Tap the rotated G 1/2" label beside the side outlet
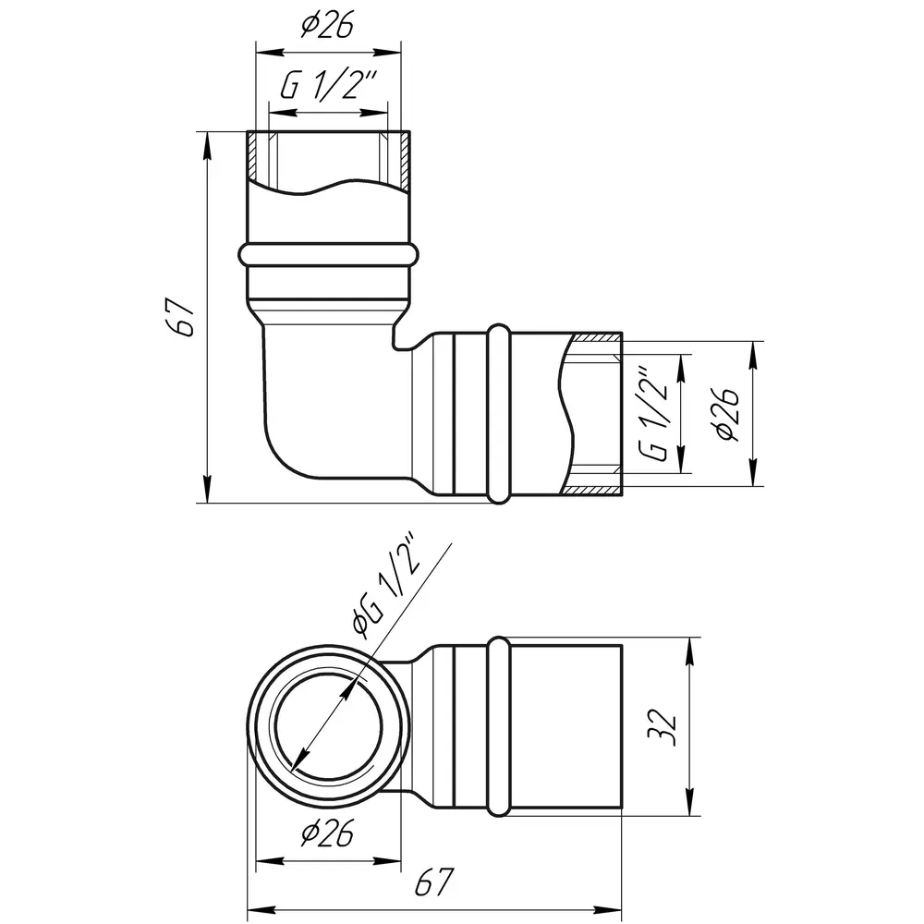point(654,416)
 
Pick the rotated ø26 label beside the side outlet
point(726,414)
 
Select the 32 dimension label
point(663,727)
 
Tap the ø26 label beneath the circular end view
point(327,833)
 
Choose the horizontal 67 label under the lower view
point(434,882)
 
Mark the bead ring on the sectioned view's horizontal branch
point(499,414)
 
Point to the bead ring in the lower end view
point(499,726)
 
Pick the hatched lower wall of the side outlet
point(591,491)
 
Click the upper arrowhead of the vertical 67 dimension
point(207,145)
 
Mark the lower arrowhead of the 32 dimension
point(690,803)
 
